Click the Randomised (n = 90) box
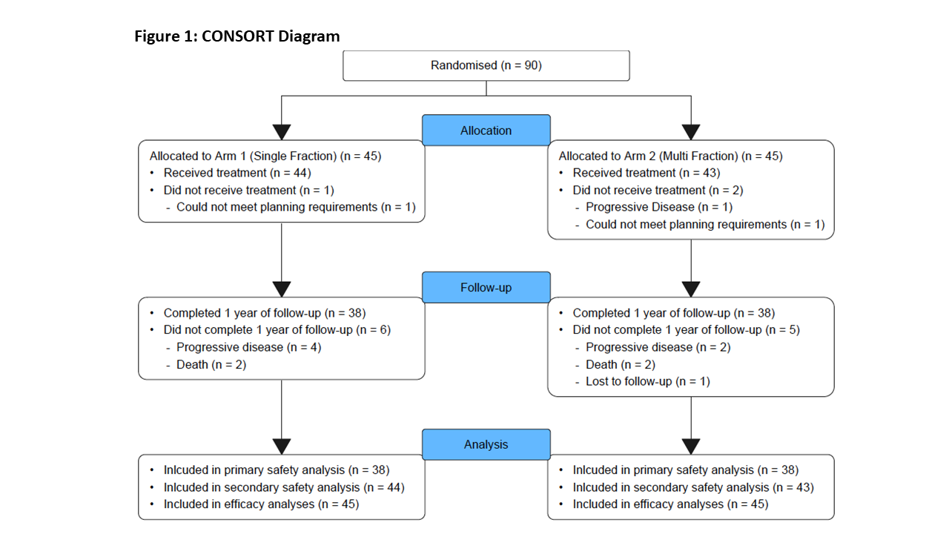(x=486, y=66)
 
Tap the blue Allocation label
(x=486, y=130)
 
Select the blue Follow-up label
(x=486, y=287)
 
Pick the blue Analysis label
(x=486, y=444)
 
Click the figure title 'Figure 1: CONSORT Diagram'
(x=237, y=36)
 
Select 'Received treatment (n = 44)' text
(x=237, y=173)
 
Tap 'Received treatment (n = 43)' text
(x=647, y=173)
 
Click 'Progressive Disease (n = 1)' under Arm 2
(x=659, y=207)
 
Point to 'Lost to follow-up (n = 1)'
(x=648, y=381)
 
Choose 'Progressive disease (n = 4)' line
(x=249, y=347)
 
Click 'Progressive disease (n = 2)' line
(x=658, y=347)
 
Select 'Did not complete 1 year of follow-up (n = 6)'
(x=277, y=330)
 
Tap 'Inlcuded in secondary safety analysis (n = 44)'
(x=284, y=487)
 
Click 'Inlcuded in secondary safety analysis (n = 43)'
(x=693, y=487)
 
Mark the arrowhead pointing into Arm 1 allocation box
(x=281, y=132)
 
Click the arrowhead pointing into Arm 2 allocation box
(x=691, y=132)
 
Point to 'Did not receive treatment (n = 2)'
(x=658, y=191)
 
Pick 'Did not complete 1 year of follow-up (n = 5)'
(x=687, y=330)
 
